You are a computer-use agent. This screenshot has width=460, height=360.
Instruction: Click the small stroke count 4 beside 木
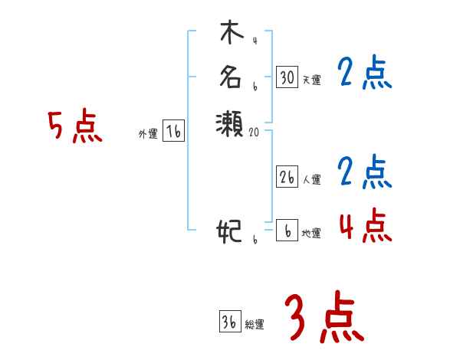254,41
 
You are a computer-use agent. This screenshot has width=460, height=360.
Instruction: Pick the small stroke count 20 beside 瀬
255,132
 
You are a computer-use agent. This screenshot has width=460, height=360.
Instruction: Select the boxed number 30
287,77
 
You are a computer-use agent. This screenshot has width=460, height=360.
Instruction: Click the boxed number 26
287,177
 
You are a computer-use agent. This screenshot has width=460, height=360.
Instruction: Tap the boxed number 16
174,132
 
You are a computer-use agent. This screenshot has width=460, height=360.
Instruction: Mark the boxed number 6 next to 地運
287,231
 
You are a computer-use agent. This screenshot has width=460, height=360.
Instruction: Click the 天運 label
311,80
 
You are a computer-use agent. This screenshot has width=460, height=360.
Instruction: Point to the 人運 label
311,179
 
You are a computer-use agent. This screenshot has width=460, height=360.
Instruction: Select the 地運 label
311,233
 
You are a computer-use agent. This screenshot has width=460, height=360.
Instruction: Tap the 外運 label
148,134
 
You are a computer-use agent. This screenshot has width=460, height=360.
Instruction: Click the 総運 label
255,325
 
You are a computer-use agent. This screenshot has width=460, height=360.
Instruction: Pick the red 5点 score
75,126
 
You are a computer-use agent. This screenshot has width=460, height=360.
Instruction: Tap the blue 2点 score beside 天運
364,74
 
